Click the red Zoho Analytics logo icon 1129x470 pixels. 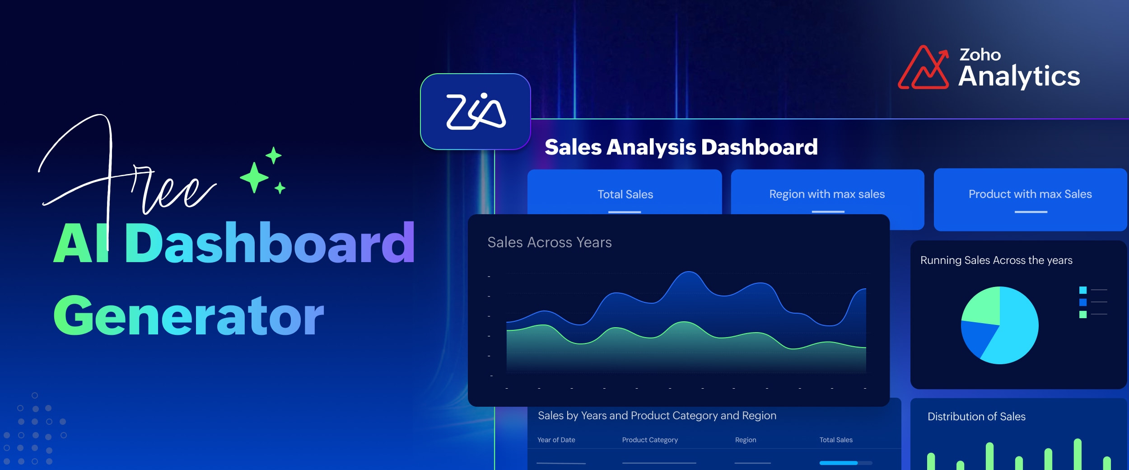coord(923,67)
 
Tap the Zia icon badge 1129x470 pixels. coord(476,111)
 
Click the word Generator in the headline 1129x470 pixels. coord(189,315)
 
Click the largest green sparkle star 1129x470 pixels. coord(254,177)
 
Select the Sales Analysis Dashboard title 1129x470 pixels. coord(681,147)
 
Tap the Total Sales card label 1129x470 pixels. coord(625,194)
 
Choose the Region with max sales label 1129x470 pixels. coord(827,194)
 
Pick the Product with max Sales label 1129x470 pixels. coord(1030,194)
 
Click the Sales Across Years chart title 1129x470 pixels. coord(550,243)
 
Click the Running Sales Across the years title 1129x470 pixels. coord(996,260)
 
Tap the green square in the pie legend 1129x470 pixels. coord(1083,315)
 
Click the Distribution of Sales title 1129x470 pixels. coord(976,417)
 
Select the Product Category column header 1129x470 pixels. coord(650,440)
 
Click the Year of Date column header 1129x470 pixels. coord(556,440)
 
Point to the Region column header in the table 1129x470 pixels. coord(746,440)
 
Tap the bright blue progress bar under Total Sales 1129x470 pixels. coord(839,463)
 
